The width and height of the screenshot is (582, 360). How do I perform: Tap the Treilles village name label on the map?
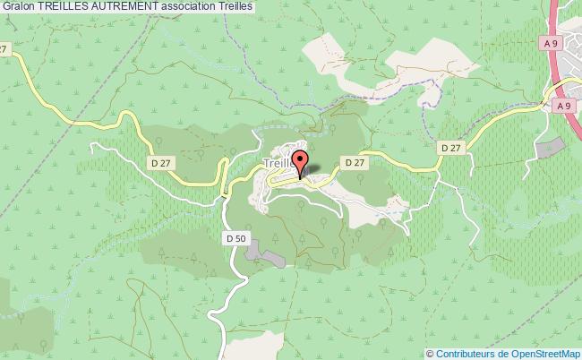pos(279,164)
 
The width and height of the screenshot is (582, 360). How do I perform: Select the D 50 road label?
pos(235,238)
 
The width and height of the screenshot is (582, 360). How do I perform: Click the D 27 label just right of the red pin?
pos(354,162)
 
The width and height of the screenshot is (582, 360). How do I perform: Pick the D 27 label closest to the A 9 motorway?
pos(450,146)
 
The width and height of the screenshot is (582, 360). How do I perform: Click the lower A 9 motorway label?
pos(562,106)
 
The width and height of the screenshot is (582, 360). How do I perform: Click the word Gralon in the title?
pos(20,6)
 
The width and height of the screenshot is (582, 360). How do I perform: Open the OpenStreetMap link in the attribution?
pos(543,353)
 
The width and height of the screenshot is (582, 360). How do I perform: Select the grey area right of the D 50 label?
pos(265,253)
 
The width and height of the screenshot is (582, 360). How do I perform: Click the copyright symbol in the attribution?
pos(431,353)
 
